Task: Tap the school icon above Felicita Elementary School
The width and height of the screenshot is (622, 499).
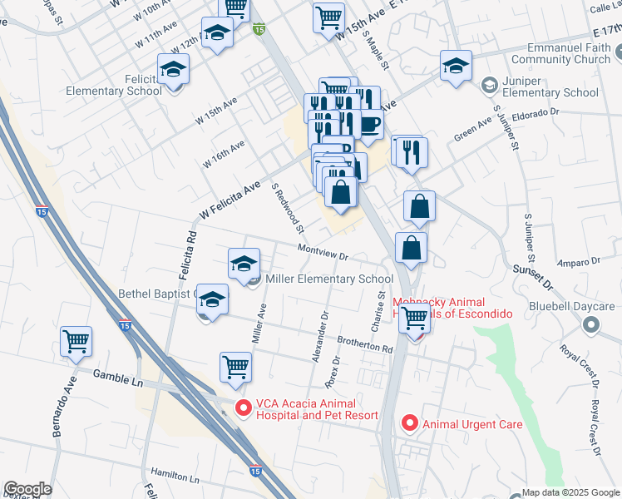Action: tap(174, 70)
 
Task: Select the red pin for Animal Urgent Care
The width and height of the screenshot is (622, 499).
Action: tap(409, 423)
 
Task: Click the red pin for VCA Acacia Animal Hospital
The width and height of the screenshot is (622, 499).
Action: tap(243, 408)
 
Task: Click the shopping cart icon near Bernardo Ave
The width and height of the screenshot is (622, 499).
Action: tap(76, 341)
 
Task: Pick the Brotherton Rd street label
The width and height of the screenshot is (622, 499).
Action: tap(364, 343)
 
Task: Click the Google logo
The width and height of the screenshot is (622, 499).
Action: tap(27, 489)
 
